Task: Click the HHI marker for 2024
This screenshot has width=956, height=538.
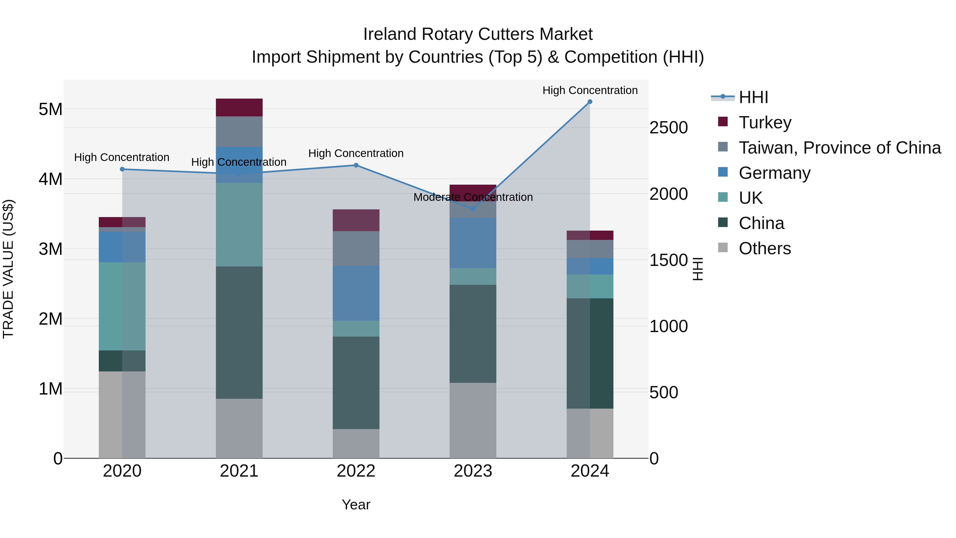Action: coord(590,102)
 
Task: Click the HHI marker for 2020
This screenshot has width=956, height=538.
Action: coord(122,169)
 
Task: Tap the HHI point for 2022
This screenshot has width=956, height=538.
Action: coord(356,165)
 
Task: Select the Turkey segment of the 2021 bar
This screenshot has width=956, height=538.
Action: coord(239,108)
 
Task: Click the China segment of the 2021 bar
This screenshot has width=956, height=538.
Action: coord(239,332)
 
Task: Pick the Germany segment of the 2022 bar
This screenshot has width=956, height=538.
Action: coord(356,293)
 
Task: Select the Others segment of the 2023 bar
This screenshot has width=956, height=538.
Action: coord(473,420)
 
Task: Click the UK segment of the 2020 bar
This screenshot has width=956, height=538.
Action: coord(122,306)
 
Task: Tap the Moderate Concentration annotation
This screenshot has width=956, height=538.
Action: coord(473,197)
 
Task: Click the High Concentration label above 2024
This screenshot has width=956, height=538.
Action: coord(590,90)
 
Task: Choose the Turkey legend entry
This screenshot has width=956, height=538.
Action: coord(765,122)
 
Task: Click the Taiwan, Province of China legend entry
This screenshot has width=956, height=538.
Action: coord(839,148)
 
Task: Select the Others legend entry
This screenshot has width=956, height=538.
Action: coord(765,248)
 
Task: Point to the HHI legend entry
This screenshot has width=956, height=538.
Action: coord(753,97)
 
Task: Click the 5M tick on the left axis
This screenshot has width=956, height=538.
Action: coord(50,109)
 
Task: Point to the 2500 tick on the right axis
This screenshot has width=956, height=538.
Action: coord(668,128)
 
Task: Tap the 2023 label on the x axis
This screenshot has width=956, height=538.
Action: coord(473,471)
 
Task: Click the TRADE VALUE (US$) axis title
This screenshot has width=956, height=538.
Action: coord(8,269)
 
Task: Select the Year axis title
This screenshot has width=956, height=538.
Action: coord(356,505)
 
